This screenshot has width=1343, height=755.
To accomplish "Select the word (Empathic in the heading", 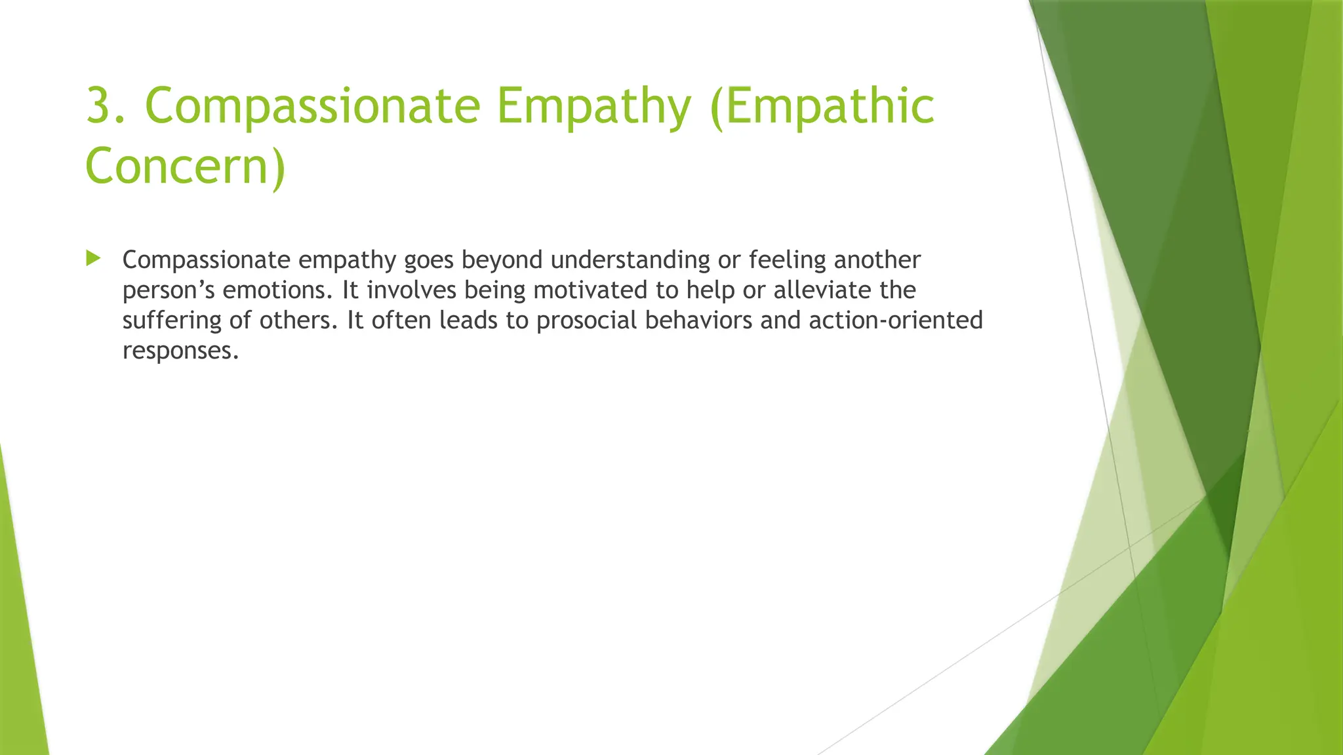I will pos(822,106).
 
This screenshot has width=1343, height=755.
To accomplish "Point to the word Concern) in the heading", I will pos(186,165).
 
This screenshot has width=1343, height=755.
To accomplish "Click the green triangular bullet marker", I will pos(93,258).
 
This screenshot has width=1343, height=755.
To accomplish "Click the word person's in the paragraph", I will pos(169,290).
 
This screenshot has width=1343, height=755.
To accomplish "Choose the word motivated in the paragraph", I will pos(590,290).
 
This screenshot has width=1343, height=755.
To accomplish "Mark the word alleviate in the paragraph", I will pos(813,290).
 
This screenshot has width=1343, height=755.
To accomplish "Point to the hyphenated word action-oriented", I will pos(895,320).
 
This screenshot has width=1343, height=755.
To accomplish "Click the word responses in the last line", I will pos(180,351).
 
